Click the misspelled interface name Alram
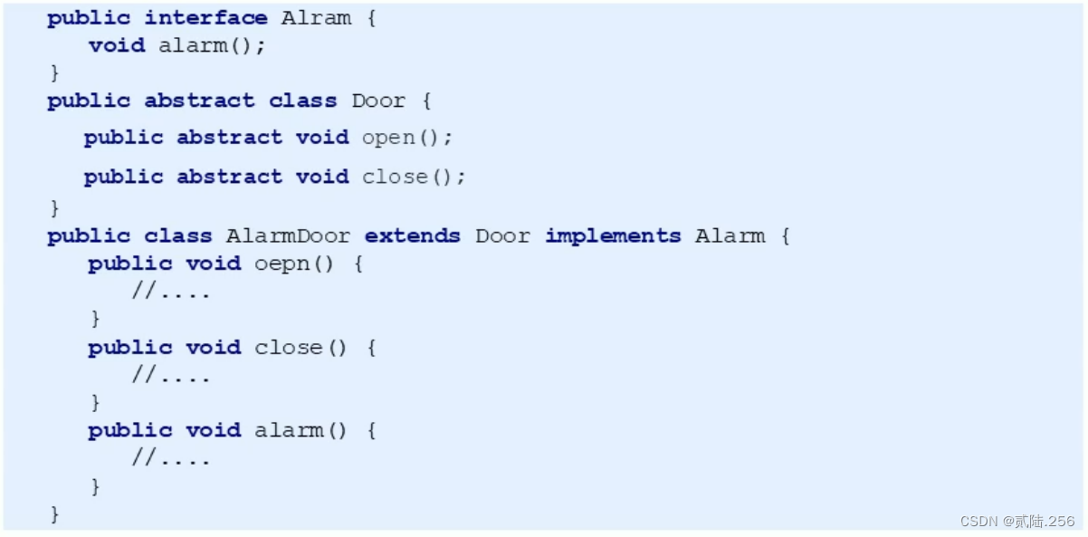tap(316, 18)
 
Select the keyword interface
tap(205, 18)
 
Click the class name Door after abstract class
tap(378, 101)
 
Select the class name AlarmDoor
tap(288, 236)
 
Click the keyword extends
tap(412, 236)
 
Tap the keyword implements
tap(613, 236)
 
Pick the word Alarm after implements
tap(730, 236)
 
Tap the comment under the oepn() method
tap(171, 292)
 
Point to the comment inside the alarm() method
tap(171, 459)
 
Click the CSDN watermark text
tap(1017, 521)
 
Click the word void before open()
tap(322, 138)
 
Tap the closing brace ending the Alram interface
tap(54, 72)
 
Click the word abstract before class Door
tap(199, 101)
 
